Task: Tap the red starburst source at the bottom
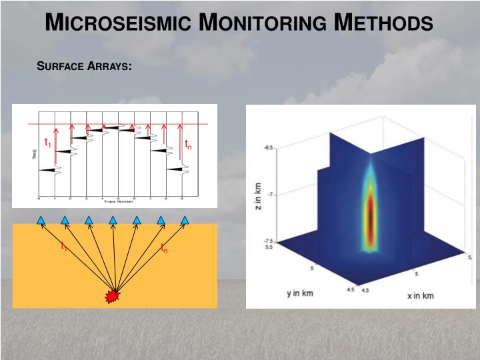[113, 295]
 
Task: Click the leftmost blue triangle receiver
[41, 219]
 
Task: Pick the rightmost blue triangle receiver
[185, 219]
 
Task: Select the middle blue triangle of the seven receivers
[113, 219]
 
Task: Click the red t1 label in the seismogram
[47, 143]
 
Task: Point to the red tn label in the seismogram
[188, 144]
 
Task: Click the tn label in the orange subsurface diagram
[164, 249]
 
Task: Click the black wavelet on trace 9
[176, 169]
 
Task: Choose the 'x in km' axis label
[421, 295]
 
